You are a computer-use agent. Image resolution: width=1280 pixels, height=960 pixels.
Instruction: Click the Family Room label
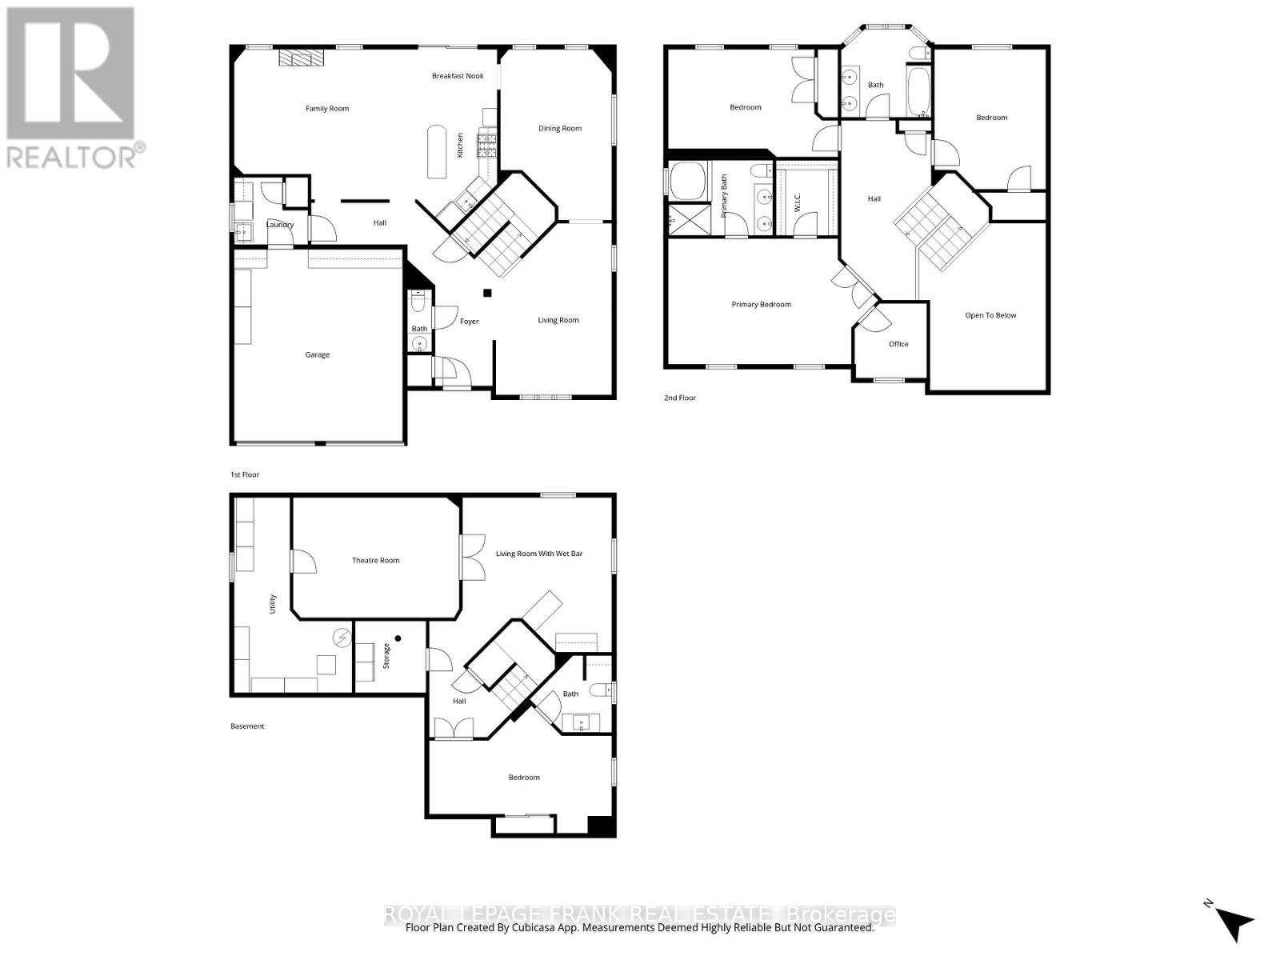pyautogui.click(x=327, y=109)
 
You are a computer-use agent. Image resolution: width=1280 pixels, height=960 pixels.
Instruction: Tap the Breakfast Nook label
pyautogui.click(x=458, y=76)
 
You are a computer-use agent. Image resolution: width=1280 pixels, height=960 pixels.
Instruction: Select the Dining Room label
pyautogui.click(x=560, y=128)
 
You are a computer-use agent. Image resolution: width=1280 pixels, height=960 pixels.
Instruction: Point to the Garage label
pyautogui.click(x=317, y=354)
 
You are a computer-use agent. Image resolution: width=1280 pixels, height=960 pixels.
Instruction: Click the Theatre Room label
pyautogui.click(x=375, y=560)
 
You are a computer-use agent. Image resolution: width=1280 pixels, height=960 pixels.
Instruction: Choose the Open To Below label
pyautogui.click(x=990, y=315)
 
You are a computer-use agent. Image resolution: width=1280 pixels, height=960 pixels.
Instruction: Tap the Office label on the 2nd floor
pyautogui.click(x=898, y=344)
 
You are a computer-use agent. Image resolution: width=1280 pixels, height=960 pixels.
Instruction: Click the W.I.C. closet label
pyautogui.click(x=797, y=197)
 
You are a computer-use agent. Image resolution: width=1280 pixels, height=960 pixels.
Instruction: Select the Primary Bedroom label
pyautogui.click(x=761, y=304)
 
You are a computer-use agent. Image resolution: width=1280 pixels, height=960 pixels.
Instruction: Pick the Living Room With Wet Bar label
pyautogui.click(x=539, y=554)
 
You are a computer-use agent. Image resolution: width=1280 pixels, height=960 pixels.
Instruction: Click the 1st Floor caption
pyautogui.click(x=245, y=474)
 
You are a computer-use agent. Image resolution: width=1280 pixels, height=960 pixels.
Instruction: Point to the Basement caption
pyautogui.click(x=247, y=726)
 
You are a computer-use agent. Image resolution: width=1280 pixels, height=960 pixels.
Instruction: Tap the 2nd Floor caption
pyautogui.click(x=680, y=398)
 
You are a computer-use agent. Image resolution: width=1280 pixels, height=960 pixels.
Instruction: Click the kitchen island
pyautogui.click(x=437, y=151)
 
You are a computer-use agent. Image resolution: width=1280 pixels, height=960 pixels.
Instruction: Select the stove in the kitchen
pyautogui.click(x=486, y=144)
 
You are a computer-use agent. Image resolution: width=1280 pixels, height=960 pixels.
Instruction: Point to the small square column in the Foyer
pyautogui.click(x=487, y=293)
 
